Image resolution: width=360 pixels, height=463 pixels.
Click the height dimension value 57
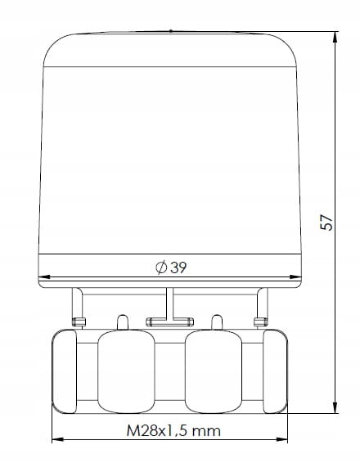pos(326,223)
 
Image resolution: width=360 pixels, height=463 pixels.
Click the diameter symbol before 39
pos(161,267)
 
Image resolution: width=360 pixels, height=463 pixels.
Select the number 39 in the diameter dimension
pos(178,267)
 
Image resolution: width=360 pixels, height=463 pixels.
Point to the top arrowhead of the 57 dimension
pos(335,38)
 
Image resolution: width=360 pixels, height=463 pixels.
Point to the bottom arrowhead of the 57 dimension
pos(335,407)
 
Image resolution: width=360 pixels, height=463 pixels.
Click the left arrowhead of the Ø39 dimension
pos(44,277)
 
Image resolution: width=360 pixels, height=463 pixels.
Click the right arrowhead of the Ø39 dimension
pos(295,277)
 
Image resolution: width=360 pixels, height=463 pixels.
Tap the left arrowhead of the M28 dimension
pos(57,439)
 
